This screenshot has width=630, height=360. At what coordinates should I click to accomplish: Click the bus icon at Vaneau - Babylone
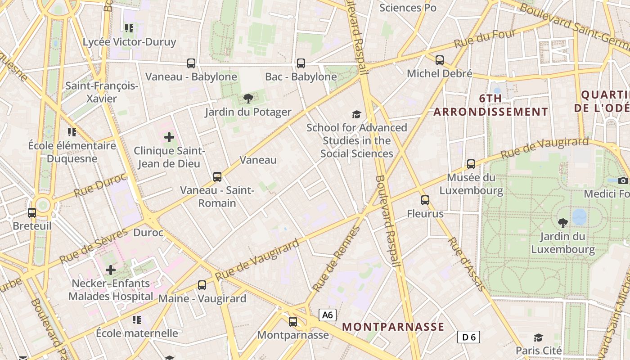[191, 63]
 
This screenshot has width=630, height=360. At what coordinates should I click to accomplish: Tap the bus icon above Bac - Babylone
[301, 63]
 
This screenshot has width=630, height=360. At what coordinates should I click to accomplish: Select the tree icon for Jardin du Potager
[248, 99]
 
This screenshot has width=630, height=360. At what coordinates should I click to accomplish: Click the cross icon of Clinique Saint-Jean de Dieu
[169, 137]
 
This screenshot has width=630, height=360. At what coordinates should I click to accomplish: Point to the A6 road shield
[328, 315]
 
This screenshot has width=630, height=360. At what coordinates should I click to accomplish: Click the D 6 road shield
[469, 337]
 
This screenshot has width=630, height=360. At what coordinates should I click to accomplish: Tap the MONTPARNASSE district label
[393, 327]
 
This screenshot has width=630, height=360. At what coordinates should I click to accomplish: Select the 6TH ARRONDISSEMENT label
[490, 105]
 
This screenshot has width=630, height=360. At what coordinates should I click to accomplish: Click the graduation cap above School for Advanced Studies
[357, 114]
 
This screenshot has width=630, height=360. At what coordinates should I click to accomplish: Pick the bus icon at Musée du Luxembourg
[471, 164]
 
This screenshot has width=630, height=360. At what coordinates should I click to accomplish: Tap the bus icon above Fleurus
[425, 200]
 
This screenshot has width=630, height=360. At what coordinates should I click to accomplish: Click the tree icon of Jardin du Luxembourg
[562, 223]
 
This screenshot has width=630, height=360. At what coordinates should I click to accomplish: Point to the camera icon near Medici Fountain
[623, 180]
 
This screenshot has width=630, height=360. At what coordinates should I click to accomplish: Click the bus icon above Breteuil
[32, 212]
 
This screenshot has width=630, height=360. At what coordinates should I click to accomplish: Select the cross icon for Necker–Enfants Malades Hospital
[111, 270]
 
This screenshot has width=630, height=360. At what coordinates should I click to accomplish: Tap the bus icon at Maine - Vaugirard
[202, 285]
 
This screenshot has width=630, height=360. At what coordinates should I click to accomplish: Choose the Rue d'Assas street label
[464, 265]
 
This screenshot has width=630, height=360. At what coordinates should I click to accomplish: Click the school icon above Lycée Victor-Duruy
[129, 28]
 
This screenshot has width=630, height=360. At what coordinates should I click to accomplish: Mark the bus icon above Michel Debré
[440, 60]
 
